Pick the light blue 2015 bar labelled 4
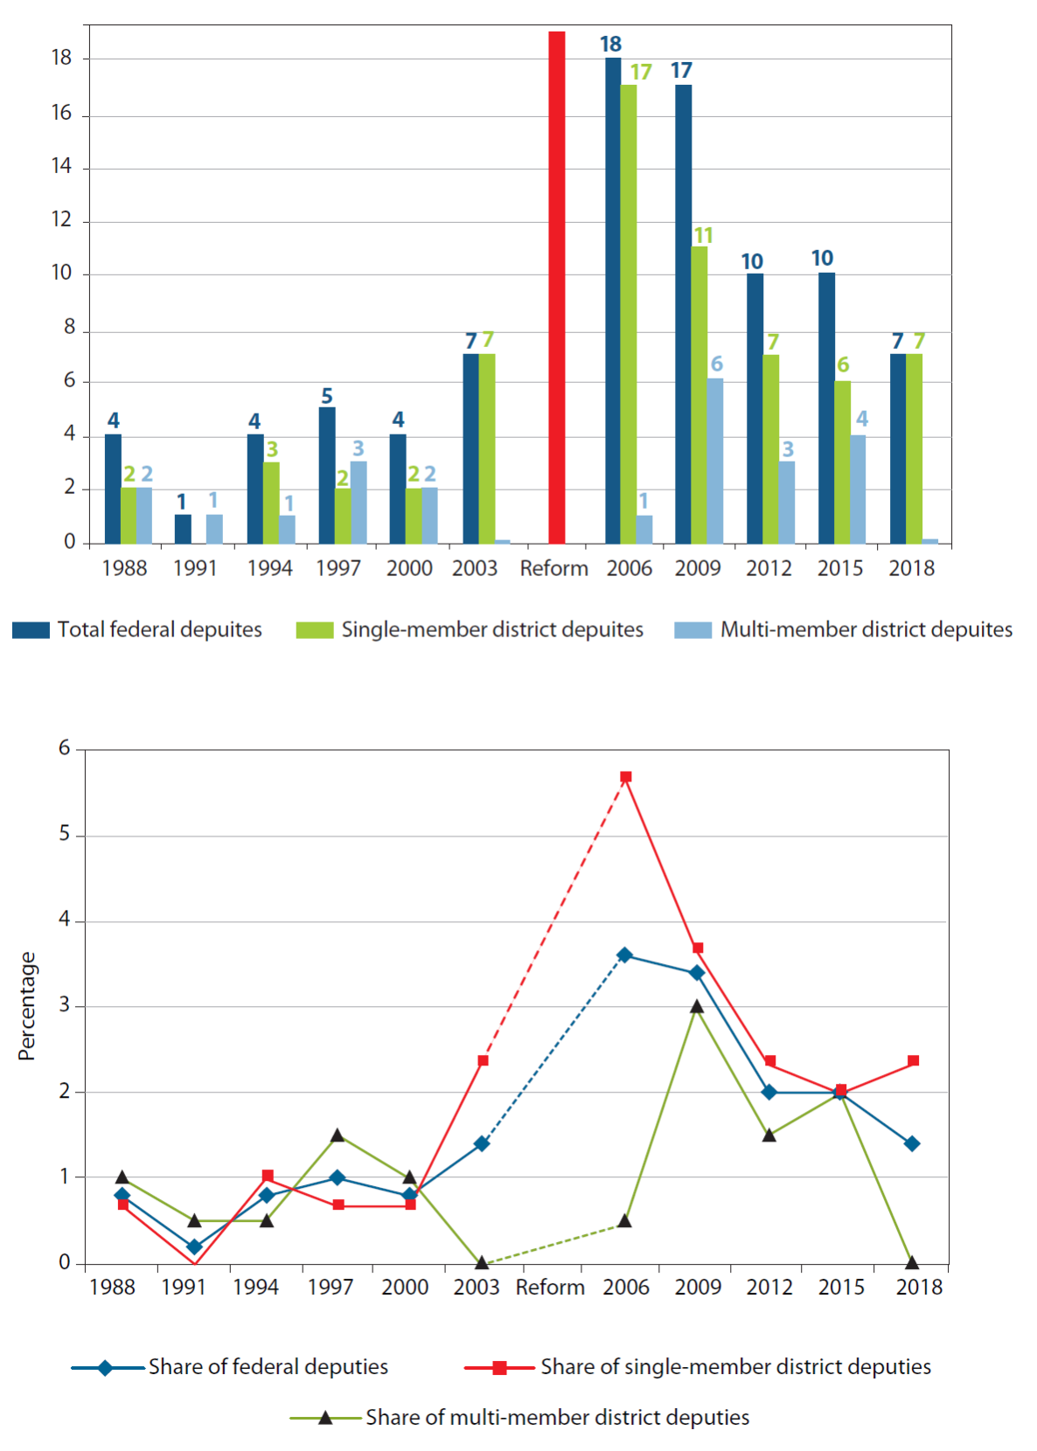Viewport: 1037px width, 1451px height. pyautogui.click(x=858, y=489)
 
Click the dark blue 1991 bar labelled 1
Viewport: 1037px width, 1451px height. pyautogui.click(x=183, y=529)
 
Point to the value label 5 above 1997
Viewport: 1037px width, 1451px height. pyautogui.click(x=327, y=396)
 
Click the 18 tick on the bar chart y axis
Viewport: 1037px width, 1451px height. pyautogui.click(x=61, y=59)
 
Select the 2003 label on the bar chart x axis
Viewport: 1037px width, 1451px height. pyautogui.click(x=475, y=568)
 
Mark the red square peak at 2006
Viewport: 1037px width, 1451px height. pyautogui.click(x=626, y=777)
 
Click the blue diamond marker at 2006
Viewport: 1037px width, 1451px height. pyautogui.click(x=624, y=955)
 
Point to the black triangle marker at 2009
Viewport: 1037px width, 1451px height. pyautogui.click(x=697, y=1007)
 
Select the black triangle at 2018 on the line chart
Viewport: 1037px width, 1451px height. pyautogui.click(x=912, y=1262)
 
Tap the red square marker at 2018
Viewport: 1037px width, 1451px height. pyautogui.click(x=914, y=1061)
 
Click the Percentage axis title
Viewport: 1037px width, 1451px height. pyautogui.click(x=27, y=1006)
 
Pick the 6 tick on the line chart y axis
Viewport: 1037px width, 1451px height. pyautogui.click(x=65, y=748)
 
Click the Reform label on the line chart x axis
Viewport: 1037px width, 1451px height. pyautogui.click(x=550, y=1288)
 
